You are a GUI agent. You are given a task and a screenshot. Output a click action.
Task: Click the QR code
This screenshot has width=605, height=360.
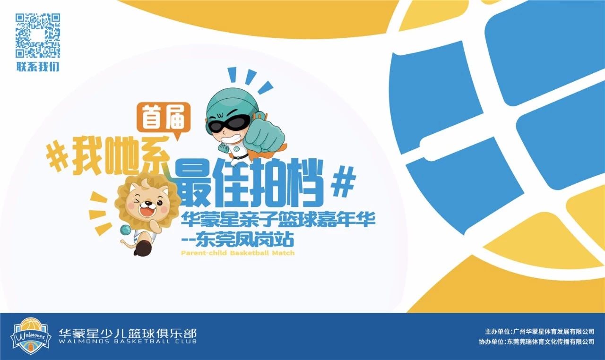point(38,35)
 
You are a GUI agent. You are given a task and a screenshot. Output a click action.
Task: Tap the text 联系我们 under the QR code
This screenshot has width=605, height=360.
point(38,67)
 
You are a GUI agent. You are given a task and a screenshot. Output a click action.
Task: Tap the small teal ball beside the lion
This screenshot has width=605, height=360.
point(125,230)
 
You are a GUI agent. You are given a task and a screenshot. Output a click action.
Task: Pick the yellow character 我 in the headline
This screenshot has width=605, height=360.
point(88,156)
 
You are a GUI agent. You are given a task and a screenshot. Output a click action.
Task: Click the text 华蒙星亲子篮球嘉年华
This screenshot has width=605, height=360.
point(278,220)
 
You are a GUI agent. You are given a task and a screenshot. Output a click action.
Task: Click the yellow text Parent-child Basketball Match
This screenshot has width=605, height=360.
point(237,253)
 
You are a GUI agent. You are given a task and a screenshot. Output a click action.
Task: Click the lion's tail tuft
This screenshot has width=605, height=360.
point(124,243)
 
